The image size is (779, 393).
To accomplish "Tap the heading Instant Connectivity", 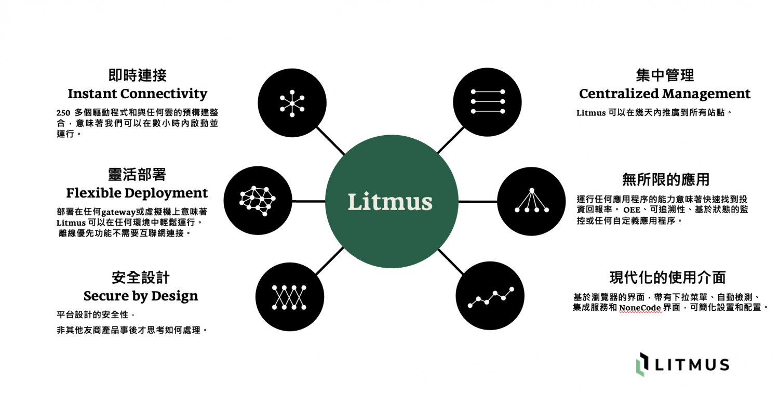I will [137, 94].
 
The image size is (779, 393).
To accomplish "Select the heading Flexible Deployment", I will [137, 193].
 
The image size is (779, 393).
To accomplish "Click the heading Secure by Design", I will [141, 296].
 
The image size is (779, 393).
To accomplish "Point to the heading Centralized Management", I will [665, 94].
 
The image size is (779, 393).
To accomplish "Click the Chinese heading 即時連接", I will [138, 75].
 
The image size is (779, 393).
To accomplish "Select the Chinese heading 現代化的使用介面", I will [667, 278].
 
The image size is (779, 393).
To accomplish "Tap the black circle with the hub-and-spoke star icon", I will [292, 102].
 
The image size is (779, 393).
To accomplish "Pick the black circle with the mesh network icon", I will [258, 200].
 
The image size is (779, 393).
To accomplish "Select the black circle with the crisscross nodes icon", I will [290, 297].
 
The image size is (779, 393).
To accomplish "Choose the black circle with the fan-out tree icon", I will [531, 201].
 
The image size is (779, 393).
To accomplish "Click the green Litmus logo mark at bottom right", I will [643, 364].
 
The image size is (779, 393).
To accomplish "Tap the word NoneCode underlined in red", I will [640, 307].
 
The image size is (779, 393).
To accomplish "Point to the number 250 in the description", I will [63, 113].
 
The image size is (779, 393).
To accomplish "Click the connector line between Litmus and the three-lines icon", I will [450, 140].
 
